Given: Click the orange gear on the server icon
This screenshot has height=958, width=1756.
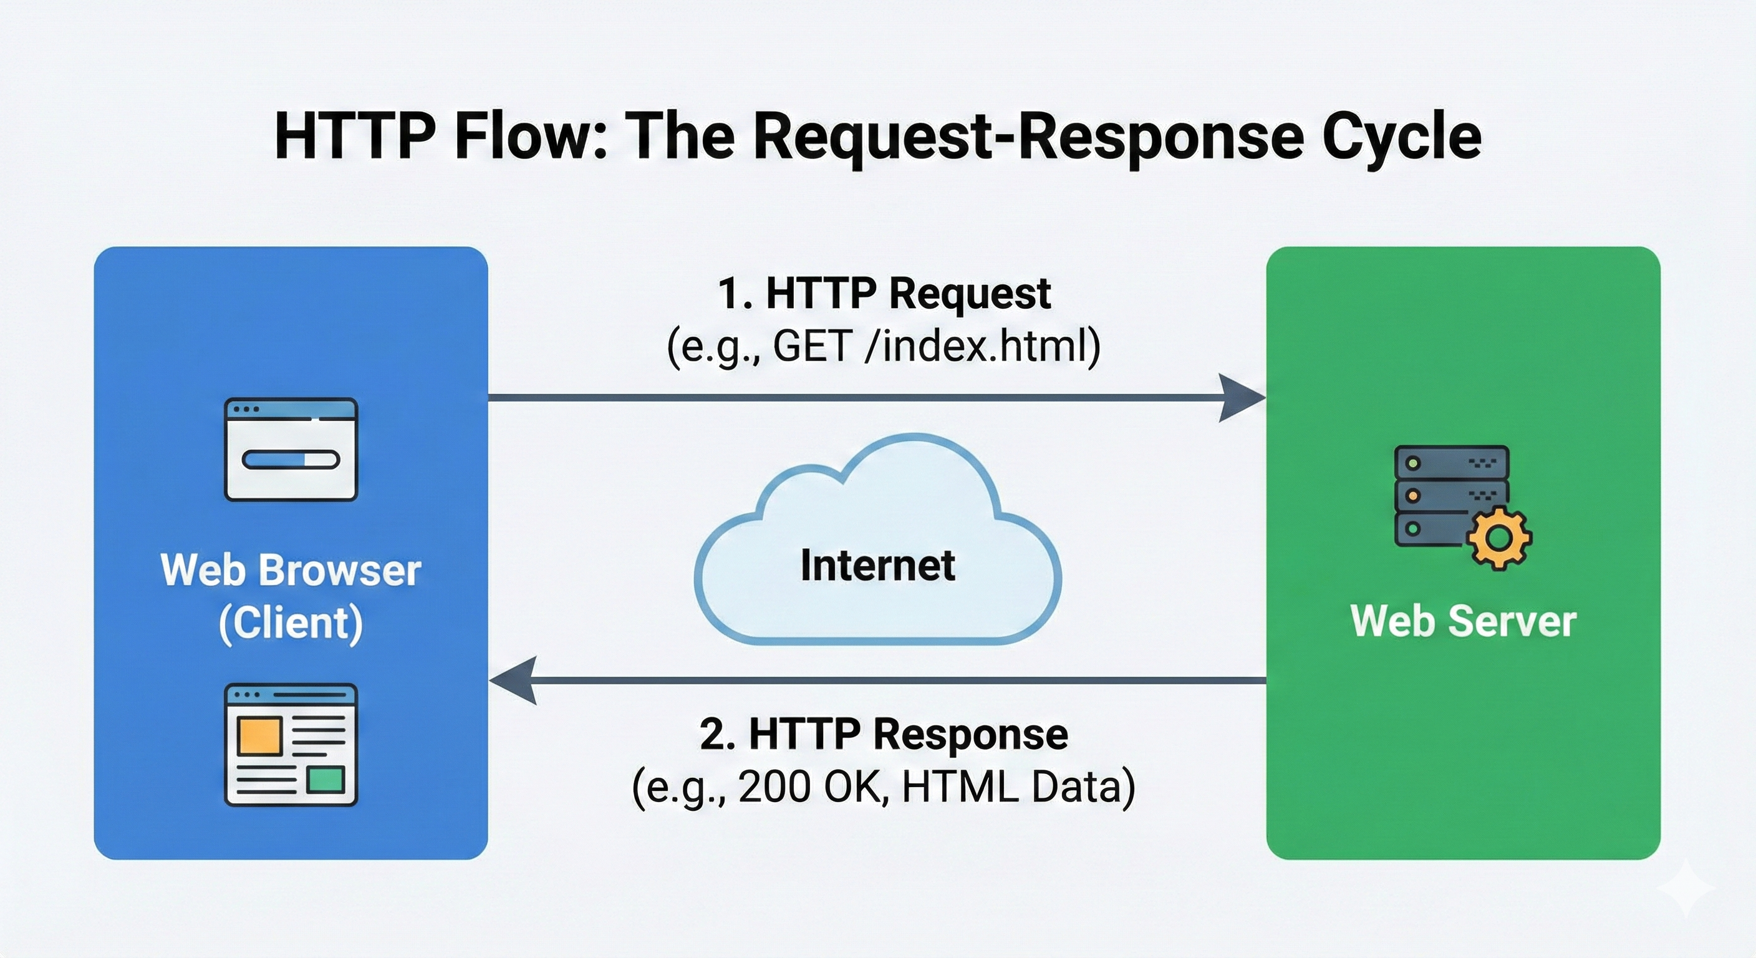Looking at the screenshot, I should pos(1499,538).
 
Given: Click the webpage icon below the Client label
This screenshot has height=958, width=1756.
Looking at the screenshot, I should pos(291,745).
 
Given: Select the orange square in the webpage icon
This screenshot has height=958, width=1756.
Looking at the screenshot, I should pos(259,736).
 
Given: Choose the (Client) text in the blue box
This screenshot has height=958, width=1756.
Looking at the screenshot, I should pos(291,622).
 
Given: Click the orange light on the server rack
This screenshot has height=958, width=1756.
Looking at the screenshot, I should pos(1412,496).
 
